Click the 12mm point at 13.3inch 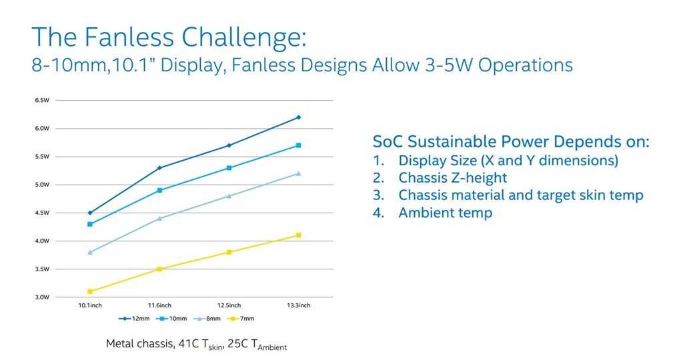298,117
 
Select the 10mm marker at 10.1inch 90,224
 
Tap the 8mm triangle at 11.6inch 159,219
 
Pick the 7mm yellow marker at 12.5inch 229,252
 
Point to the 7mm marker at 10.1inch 90,291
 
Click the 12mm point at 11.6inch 159,167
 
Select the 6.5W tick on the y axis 42,100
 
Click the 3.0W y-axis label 42,297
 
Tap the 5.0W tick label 42,185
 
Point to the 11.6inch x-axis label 159,305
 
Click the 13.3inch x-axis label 298,305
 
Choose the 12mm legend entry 134,319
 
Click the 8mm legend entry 207,319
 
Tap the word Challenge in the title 244,37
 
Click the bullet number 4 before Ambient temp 378,213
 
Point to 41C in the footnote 188,343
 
